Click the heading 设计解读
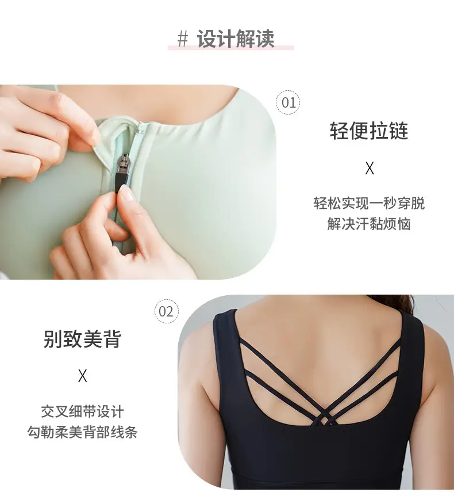pos(236,39)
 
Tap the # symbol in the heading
pos(183,39)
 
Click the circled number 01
pos(288,102)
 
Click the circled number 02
pos(167,311)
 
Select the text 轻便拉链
pos(369,130)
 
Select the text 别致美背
pos(82,339)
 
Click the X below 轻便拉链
pos(370,168)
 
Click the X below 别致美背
pos(82,376)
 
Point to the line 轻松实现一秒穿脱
pos(369,203)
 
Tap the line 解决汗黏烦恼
pos(369,224)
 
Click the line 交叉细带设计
pos(82,411)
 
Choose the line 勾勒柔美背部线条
pos(82,432)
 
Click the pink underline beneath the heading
pos(230,47)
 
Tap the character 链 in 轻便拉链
pos(399,130)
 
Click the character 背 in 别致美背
pos(112,339)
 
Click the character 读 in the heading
pos(265,39)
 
